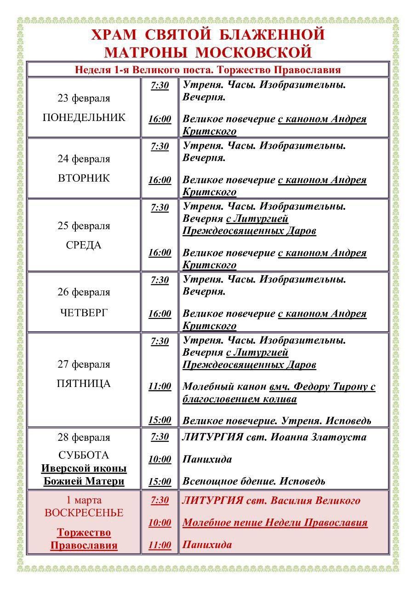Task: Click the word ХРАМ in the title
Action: [x=114, y=35]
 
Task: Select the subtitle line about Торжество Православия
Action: [x=208, y=70]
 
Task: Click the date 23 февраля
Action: [x=84, y=98]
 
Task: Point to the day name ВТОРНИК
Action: [x=84, y=178]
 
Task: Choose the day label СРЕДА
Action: [x=84, y=245]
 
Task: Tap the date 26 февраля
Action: [x=84, y=292]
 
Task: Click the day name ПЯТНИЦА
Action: [x=84, y=384]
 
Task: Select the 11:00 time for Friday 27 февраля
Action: [x=160, y=387]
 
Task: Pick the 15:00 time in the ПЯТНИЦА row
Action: [x=160, y=420]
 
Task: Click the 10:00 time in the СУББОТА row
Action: [x=160, y=459]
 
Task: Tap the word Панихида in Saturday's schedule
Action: [x=207, y=459]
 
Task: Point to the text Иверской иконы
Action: [x=84, y=469]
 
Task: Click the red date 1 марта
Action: [x=84, y=500]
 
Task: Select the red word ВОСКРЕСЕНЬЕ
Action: [x=84, y=513]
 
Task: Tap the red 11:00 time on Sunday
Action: [x=160, y=545]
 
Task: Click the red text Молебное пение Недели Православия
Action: [x=275, y=523]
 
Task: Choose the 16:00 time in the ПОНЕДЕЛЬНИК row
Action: [x=160, y=119]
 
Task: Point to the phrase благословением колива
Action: [x=239, y=399]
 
